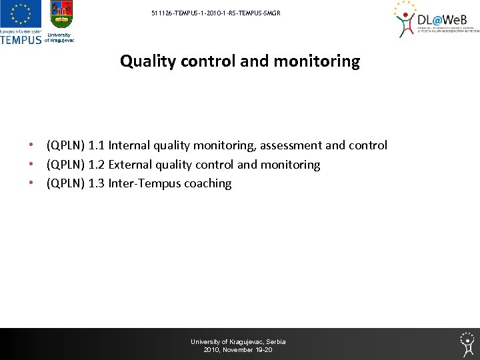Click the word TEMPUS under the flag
point(21,39)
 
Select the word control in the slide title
point(208,62)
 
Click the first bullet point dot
point(31,145)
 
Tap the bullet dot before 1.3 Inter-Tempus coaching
point(31,183)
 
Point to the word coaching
point(208,183)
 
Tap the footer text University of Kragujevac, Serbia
point(238,342)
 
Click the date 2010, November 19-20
point(238,350)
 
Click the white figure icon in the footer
point(467,343)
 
